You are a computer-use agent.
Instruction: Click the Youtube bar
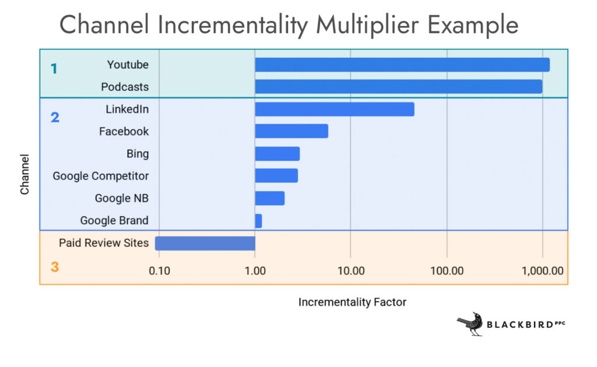point(402,65)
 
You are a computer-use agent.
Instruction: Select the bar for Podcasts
point(399,87)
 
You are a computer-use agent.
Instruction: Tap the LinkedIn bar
point(335,109)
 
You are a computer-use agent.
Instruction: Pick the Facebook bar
point(292,131)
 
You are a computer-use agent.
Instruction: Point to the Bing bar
point(277,154)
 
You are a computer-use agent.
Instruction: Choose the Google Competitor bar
point(276,176)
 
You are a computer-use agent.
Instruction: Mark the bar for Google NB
point(269,198)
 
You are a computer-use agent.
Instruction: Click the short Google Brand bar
point(258,221)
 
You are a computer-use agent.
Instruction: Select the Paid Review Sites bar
point(205,243)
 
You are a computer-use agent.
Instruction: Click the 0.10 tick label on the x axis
point(159,271)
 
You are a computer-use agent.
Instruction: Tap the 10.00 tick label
point(350,271)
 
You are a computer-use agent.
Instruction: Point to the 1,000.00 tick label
point(543,271)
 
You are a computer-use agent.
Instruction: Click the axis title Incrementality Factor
point(352,302)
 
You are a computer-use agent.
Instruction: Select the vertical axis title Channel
point(24,174)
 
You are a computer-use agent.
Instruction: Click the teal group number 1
point(54,69)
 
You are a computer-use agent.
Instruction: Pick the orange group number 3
point(55,267)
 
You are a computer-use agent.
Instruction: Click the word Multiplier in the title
point(367,24)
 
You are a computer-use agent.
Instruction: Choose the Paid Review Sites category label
point(104,243)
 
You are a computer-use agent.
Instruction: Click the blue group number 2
point(55,117)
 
